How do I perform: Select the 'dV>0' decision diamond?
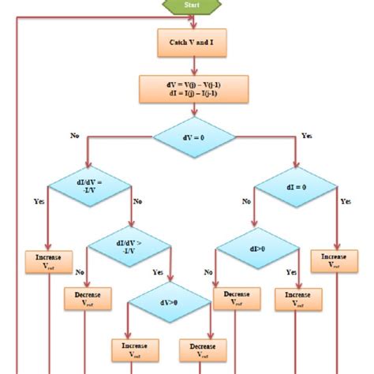pyautogui.click(x=170, y=301)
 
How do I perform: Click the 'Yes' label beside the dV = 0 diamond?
pyautogui.click(x=307, y=136)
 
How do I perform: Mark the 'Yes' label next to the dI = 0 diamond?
pyautogui.click(x=344, y=202)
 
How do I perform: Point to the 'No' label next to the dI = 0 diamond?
pyautogui.click(x=246, y=201)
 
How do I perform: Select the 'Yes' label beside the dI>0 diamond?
pyautogui.click(x=290, y=271)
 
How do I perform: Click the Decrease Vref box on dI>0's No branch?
pyautogui.click(x=233, y=298)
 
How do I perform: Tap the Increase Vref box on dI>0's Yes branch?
pyautogui.click(x=294, y=298)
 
